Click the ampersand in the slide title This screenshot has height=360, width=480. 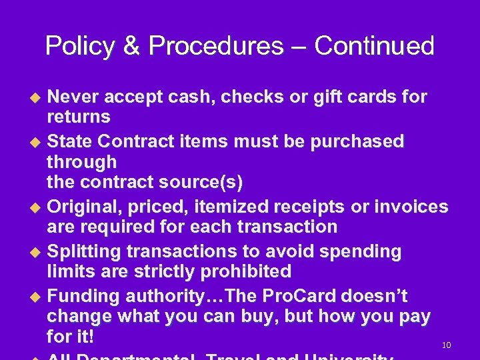pyautogui.click(x=131, y=46)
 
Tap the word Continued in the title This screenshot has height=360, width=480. pyautogui.click(x=374, y=46)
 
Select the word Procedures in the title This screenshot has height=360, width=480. pyautogui.click(x=216, y=46)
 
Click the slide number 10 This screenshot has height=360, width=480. pyautogui.click(x=447, y=345)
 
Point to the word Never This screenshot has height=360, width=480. pyautogui.click(x=72, y=97)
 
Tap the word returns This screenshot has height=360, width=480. pyautogui.click(x=79, y=118)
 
